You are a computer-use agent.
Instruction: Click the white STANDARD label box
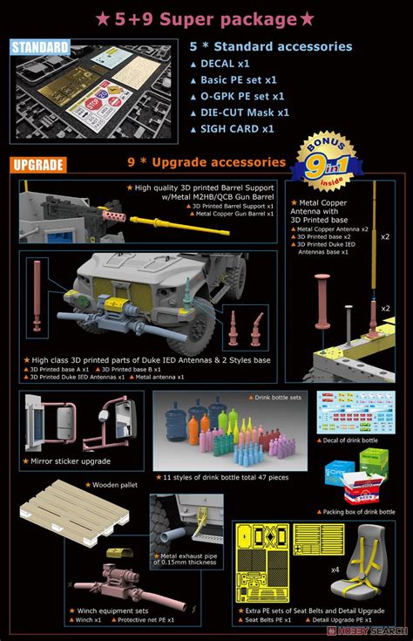point(40,47)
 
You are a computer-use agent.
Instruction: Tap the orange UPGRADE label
point(38,164)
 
